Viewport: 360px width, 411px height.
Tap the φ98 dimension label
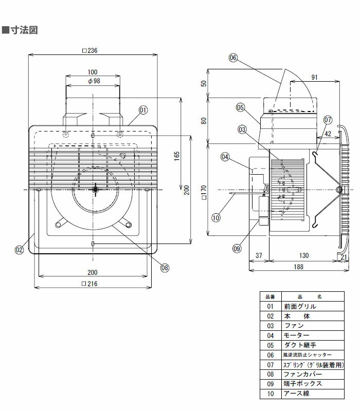click(x=93, y=81)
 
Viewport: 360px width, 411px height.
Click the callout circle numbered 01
click(x=143, y=109)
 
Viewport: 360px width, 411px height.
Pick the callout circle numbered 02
click(x=20, y=250)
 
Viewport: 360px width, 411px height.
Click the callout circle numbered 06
click(x=233, y=58)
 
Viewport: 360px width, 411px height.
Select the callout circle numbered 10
click(x=215, y=217)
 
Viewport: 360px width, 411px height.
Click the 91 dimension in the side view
click(x=314, y=78)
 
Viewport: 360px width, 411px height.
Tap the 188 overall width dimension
click(x=299, y=267)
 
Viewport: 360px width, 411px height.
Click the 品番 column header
click(x=270, y=296)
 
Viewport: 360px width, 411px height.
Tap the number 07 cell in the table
click(x=270, y=365)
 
